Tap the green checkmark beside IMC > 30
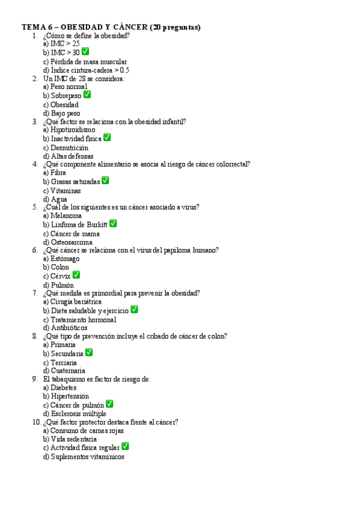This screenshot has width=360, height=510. tap(85, 52)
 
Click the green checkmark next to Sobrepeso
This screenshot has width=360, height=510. tap(87, 95)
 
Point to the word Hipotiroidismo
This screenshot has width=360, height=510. tap(73, 129)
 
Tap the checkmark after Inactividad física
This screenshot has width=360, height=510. tap(107, 138)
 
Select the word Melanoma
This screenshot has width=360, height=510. tap(66, 215)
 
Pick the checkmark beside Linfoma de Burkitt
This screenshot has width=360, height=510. tap(113, 224)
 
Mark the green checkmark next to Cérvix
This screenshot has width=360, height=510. tap(76, 275)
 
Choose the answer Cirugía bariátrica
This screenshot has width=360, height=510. tap(76, 301)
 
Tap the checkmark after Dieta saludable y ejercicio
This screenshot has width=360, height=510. tap(134, 310)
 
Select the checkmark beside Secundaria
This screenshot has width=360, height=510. tap(89, 353)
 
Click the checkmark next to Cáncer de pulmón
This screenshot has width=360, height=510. tap(109, 404)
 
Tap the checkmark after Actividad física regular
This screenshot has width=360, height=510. tap(125, 447)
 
